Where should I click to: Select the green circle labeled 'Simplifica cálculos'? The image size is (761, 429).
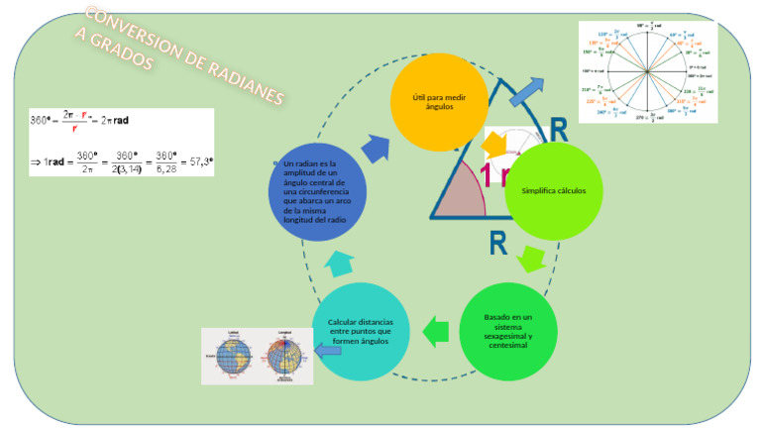546,191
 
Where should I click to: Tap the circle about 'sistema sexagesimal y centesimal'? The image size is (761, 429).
507,331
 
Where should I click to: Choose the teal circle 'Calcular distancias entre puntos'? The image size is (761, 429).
360,331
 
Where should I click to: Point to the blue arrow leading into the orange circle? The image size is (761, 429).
375,148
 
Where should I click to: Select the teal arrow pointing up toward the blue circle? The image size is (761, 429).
336,263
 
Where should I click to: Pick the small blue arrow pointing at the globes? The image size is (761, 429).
327,349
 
